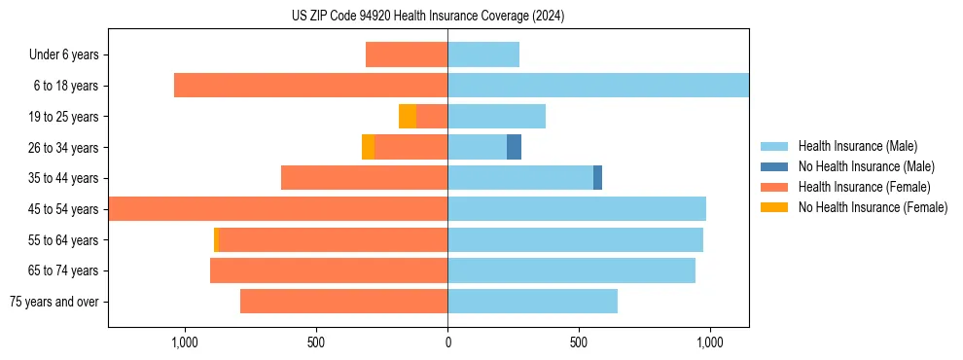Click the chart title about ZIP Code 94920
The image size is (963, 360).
[428, 17]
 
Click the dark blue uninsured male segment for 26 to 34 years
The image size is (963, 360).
[514, 147]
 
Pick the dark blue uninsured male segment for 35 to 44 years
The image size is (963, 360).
[597, 178]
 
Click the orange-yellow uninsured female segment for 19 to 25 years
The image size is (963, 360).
[408, 117]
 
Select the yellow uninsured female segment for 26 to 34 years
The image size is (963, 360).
[368, 147]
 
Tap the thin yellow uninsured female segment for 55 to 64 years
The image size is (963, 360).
[216, 240]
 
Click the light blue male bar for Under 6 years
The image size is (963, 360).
[483, 54]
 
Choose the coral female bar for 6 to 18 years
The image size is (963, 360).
[310, 86]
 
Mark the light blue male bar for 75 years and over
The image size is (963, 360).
[532, 302]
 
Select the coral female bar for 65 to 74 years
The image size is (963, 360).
[329, 270]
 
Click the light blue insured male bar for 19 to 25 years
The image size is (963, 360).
[496, 117]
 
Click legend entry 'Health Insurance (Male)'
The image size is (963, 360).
[857, 146]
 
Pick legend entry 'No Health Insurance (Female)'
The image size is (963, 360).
[873, 207]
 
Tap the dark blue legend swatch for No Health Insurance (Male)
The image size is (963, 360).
[774, 166]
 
